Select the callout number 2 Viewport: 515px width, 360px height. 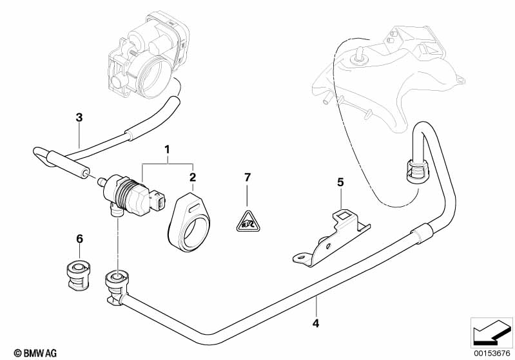[192, 176]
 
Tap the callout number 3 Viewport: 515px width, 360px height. [79, 117]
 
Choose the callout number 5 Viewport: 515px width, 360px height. [341, 182]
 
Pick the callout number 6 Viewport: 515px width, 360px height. [80, 239]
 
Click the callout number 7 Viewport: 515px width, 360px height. [246, 177]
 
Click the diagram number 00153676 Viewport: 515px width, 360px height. [492, 352]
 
